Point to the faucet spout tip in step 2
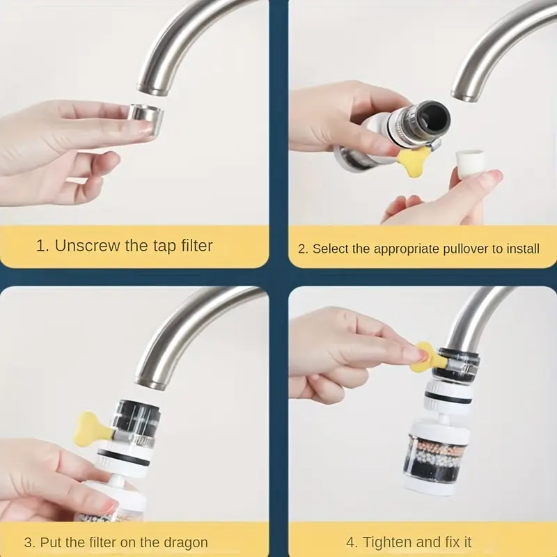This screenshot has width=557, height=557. (x=470, y=91)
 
